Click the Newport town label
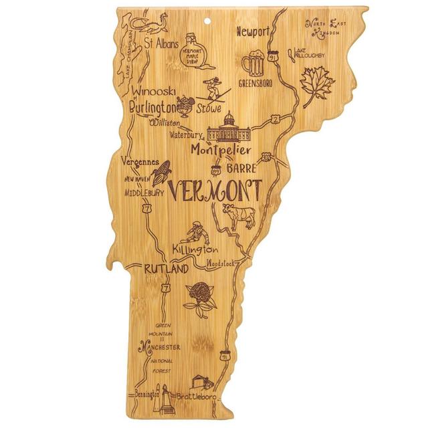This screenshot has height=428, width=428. [253, 31]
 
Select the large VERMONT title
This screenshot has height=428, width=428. [213, 191]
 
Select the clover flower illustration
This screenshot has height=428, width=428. [199, 294]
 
